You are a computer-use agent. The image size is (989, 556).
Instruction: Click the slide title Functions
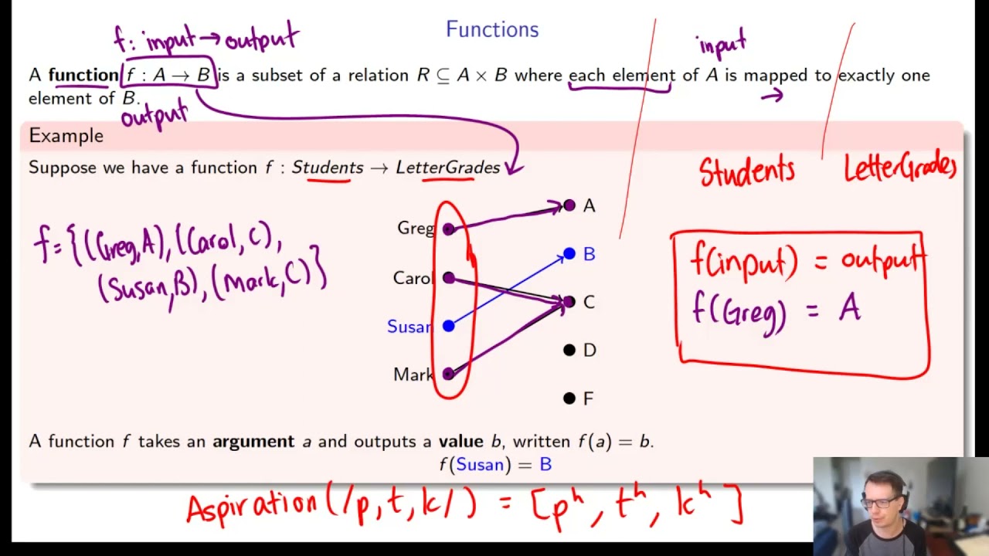point(492,29)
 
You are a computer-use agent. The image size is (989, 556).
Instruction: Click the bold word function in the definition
point(83,75)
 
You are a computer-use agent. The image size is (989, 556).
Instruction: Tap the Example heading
point(66,136)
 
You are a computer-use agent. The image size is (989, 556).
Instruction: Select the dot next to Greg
point(448,229)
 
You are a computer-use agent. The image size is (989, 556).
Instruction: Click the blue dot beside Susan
point(448,327)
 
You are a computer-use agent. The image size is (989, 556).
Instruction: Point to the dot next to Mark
point(448,375)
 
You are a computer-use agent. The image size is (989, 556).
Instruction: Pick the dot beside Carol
point(448,277)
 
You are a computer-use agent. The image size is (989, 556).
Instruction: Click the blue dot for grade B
point(569,253)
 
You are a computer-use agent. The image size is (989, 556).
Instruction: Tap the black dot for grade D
point(569,351)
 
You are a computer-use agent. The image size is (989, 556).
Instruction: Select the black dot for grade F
point(569,398)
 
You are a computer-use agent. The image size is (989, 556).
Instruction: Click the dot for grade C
point(569,302)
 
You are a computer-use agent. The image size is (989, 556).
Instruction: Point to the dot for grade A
point(569,205)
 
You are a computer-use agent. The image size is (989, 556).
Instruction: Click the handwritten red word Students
point(746,171)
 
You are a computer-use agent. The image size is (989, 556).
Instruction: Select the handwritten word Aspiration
point(251,507)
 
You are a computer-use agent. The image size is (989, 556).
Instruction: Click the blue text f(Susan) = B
point(495,465)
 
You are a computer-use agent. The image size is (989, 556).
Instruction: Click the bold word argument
point(253,442)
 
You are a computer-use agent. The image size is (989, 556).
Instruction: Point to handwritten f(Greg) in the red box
point(739,313)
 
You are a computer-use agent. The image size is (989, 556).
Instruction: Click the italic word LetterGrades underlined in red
point(448,168)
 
